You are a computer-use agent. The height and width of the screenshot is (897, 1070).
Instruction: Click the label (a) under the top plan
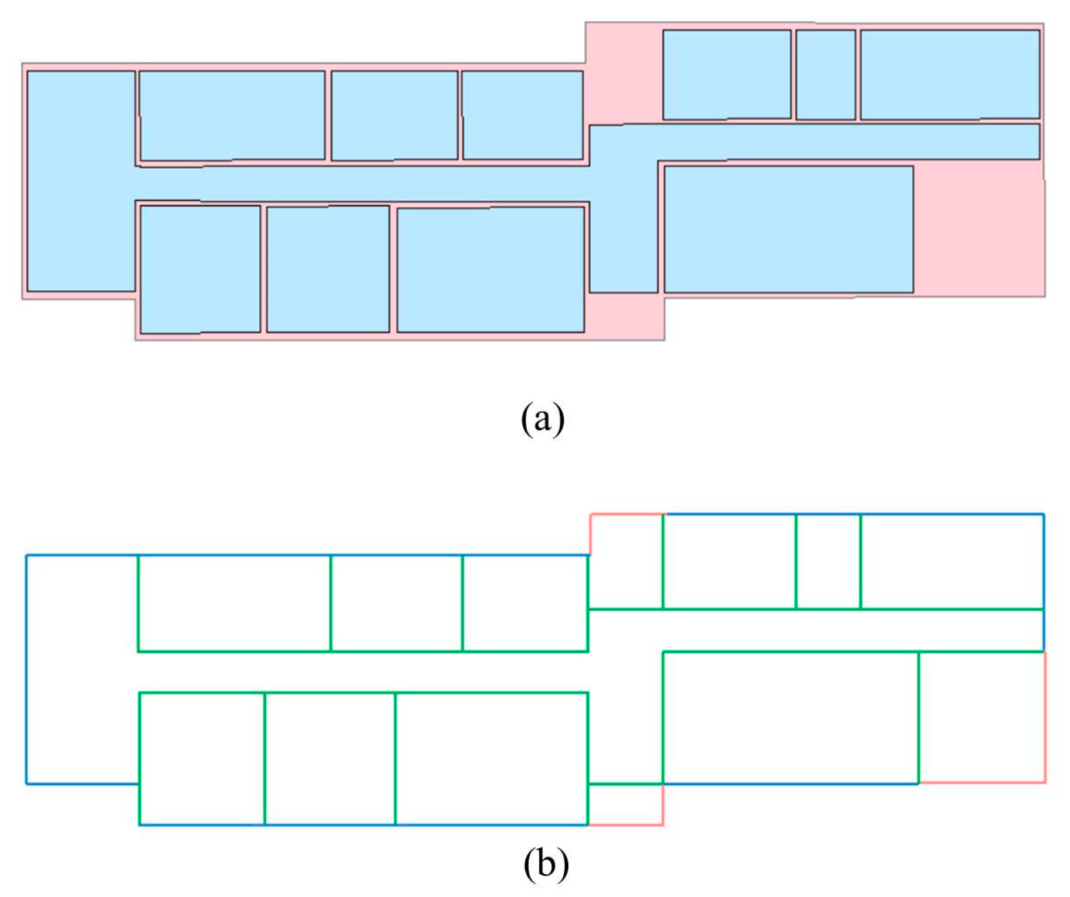tap(542, 418)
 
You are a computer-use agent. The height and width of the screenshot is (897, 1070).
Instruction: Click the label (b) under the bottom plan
tap(546, 863)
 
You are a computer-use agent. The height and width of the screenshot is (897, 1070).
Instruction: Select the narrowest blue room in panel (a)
tap(825, 75)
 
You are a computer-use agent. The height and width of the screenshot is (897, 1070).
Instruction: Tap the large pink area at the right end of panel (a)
tap(978, 229)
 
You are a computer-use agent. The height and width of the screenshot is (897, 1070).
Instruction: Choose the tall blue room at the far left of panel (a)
tap(81, 181)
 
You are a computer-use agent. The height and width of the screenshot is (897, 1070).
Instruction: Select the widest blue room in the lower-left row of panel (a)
tap(490, 269)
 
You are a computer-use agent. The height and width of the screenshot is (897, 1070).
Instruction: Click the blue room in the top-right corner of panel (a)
tap(949, 75)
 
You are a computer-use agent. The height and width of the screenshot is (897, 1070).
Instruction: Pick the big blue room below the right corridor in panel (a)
tap(788, 229)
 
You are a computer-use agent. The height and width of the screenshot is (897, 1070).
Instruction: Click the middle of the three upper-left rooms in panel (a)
tap(394, 115)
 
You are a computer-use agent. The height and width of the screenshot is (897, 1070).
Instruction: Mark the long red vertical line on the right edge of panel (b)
tap(1045, 716)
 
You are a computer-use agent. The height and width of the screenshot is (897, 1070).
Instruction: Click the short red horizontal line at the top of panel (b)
tap(626, 514)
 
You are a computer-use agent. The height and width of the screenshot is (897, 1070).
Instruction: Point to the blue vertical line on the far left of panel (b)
tap(26, 669)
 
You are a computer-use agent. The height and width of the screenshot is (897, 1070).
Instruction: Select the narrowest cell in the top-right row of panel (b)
tap(828, 561)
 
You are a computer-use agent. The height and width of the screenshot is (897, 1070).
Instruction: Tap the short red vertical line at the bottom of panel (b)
tap(663, 804)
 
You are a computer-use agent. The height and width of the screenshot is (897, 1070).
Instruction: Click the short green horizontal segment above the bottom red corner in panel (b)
tap(625, 783)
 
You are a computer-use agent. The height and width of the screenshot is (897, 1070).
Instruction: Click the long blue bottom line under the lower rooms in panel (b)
tap(364, 824)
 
